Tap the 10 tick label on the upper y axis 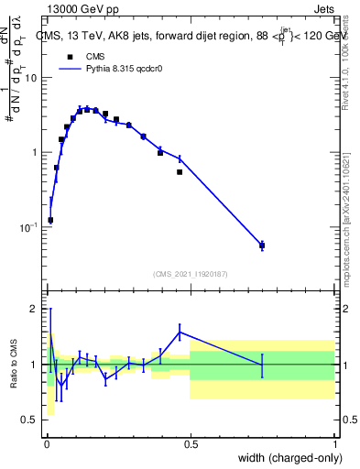coord(33,78)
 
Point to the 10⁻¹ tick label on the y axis coord(31,227)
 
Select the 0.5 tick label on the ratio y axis coord(31,420)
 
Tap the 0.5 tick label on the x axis coord(191,445)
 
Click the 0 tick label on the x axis coord(47,445)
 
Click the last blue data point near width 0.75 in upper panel coord(262,245)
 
